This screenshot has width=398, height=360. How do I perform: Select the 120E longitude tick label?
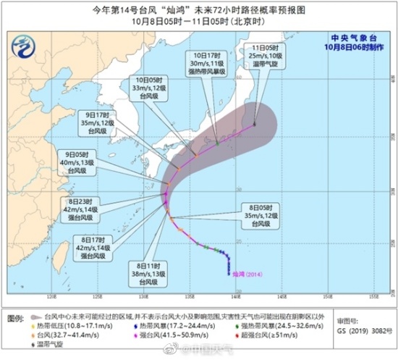tap(51, 297)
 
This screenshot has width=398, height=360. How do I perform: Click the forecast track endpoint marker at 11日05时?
tap(254, 125)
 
